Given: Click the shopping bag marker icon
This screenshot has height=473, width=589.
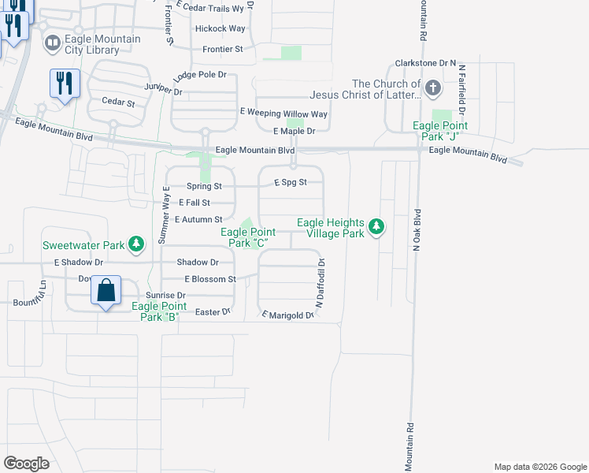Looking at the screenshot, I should (x=106, y=291).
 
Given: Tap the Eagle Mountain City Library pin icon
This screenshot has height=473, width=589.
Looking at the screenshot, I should (x=53, y=43).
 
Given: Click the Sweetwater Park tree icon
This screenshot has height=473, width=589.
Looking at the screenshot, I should (x=136, y=244).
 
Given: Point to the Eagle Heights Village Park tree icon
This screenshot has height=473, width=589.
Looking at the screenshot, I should (x=377, y=228).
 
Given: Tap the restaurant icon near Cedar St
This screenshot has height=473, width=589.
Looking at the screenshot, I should (x=64, y=82).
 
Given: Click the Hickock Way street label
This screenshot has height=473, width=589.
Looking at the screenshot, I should (x=220, y=28).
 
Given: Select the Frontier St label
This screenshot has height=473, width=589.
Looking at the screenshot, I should (x=223, y=49).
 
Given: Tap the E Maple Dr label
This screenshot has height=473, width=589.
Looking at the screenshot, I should (x=294, y=131).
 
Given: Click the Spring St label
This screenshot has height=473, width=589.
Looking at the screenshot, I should (x=205, y=187).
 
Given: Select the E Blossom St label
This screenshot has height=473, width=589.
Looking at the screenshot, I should (x=210, y=279).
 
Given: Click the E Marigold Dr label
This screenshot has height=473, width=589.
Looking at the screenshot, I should (x=287, y=315).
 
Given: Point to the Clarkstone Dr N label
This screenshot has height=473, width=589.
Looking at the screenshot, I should (x=427, y=61).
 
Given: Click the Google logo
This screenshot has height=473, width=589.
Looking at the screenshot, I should (x=26, y=464).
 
